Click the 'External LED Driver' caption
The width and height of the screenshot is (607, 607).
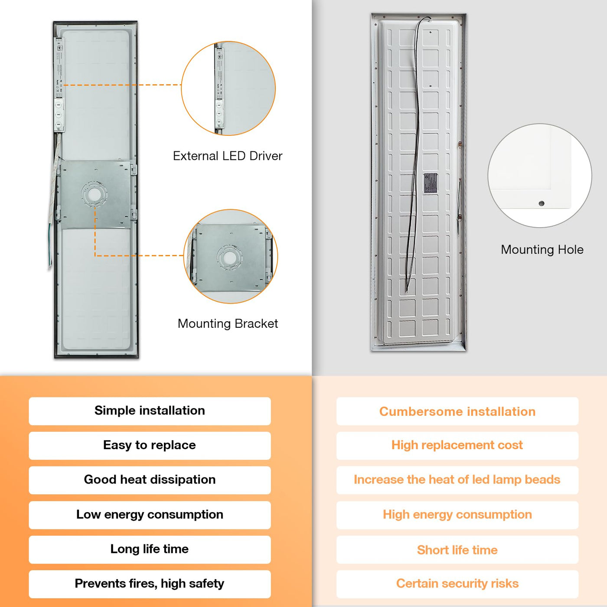click(227, 156)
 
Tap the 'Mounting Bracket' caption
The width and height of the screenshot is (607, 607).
click(228, 323)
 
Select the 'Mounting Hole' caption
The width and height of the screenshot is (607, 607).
click(542, 249)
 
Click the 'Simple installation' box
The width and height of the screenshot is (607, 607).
click(150, 411)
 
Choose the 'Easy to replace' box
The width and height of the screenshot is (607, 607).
click(150, 445)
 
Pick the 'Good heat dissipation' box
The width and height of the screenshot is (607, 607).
click(150, 480)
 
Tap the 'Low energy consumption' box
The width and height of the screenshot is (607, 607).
click(150, 515)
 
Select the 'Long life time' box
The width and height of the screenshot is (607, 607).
click(150, 549)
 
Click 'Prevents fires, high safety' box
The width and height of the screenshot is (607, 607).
click(150, 584)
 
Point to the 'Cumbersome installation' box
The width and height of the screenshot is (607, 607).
click(457, 411)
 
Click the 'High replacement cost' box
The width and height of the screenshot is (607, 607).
click(457, 445)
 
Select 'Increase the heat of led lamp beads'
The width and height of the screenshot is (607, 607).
click(457, 480)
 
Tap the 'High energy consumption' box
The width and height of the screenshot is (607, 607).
click(457, 515)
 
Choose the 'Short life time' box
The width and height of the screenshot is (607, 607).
click(457, 550)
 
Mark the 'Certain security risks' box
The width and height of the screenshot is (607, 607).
click(457, 584)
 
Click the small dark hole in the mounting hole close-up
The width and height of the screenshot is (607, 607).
click(541, 203)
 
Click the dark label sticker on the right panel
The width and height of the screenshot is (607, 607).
click(430, 183)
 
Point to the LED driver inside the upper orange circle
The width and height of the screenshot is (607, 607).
click(219, 89)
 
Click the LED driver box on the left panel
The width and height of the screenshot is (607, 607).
click(59, 85)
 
